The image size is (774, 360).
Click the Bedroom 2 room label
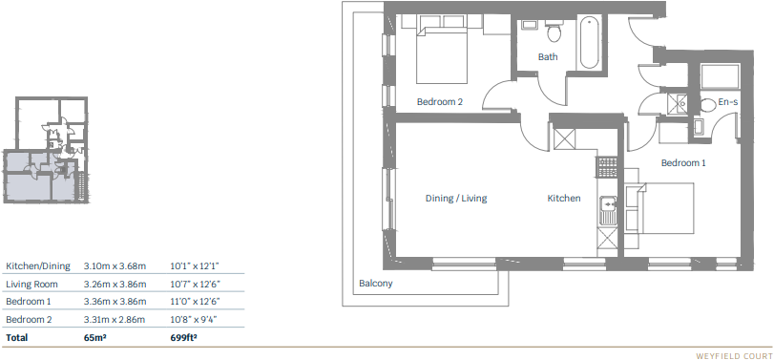tap(440, 101)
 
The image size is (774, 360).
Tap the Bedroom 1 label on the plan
tap(683, 163)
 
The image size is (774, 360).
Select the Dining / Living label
tap(455, 199)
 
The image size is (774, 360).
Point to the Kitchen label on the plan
tap(563, 199)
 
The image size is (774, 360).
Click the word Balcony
tap(376, 284)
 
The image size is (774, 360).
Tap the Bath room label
tap(548, 57)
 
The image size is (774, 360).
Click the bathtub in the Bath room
tap(589, 42)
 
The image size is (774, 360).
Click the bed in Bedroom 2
tap(441, 53)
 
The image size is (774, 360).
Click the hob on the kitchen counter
tap(604, 167)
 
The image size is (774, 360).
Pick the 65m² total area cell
tap(95, 337)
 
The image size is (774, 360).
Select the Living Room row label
tap(32, 284)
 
